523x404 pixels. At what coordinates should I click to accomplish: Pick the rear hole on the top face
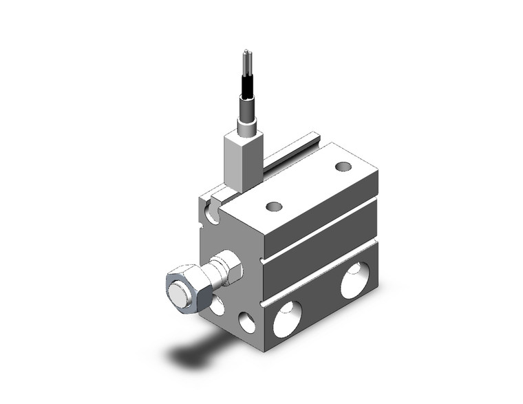click(x=343, y=166)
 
